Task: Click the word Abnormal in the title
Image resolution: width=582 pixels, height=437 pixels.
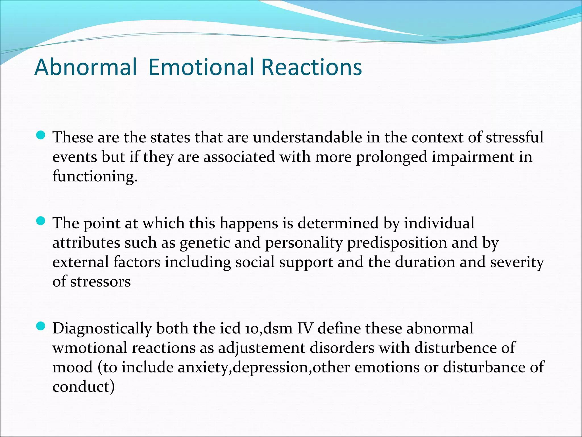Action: pos(85,67)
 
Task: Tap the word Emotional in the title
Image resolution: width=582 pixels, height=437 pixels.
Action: pos(201,67)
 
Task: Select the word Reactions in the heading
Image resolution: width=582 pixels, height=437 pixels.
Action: pos(311,67)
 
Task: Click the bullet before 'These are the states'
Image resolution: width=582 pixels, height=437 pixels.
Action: pos(41,135)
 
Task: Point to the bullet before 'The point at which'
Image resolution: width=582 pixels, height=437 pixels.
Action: pos(41,221)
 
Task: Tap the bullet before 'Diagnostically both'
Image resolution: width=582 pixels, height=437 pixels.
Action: pos(41,326)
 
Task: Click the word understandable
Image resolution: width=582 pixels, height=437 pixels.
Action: pos(307,137)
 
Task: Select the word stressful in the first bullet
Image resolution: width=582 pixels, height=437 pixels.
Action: pos(514,137)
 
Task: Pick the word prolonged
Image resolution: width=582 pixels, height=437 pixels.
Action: pos(392,157)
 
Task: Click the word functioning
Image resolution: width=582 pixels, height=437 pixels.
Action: pos(95,176)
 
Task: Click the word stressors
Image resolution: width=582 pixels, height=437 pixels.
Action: pos(100,282)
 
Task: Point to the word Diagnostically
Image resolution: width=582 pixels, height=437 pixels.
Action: pos(102,329)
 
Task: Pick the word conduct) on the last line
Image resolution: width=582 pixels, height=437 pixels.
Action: pos(84,387)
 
